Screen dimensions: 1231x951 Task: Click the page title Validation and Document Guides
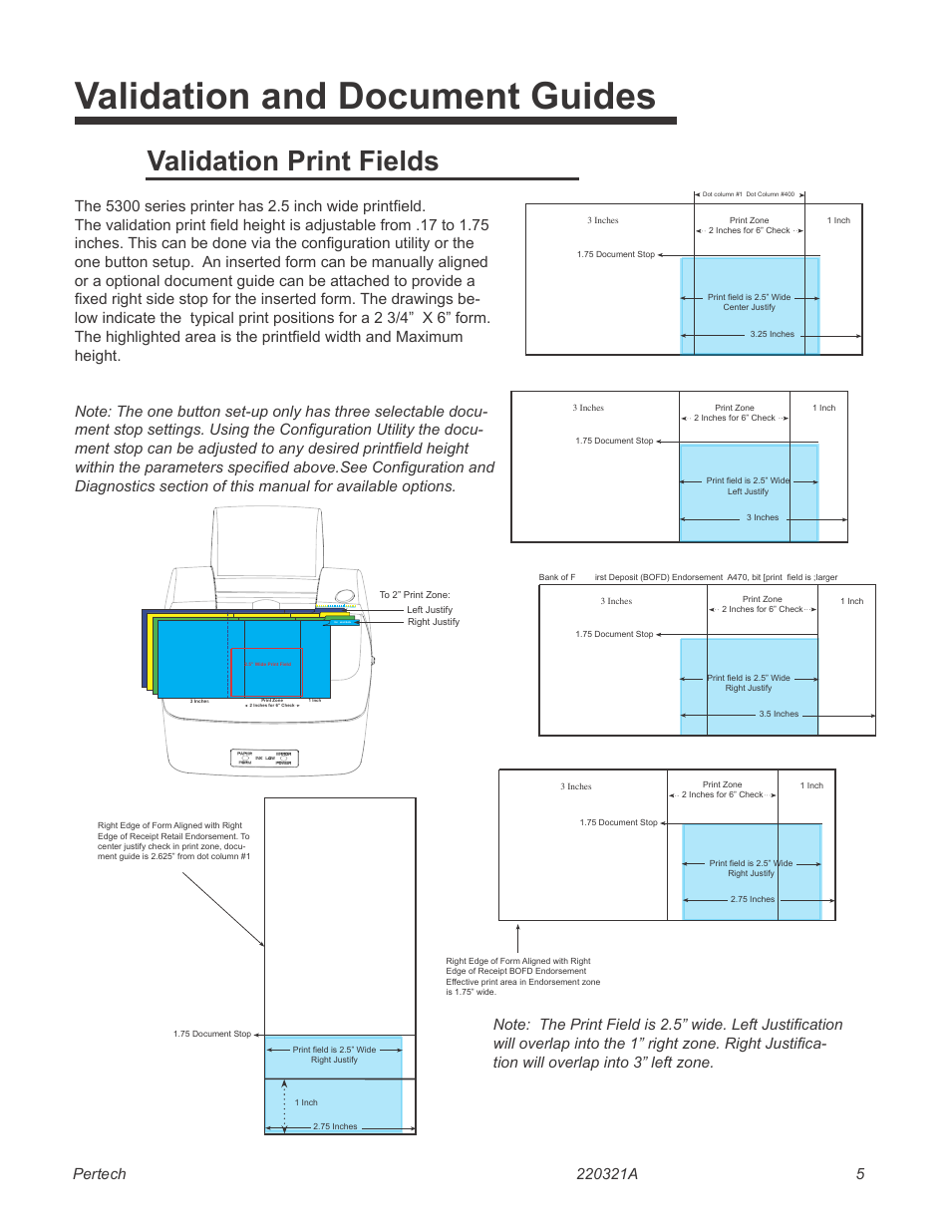(x=365, y=97)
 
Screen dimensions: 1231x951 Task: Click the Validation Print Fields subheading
(x=292, y=161)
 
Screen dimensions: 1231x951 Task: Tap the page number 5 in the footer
(x=859, y=1173)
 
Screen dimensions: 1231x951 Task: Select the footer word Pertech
(x=100, y=1173)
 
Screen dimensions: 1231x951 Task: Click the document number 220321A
(x=606, y=1173)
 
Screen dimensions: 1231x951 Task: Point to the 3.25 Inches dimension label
(x=772, y=335)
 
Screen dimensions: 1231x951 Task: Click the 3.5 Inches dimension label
(x=778, y=714)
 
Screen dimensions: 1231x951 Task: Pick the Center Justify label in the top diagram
(x=749, y=307)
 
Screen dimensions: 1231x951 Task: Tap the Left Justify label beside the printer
(x=429, y=609)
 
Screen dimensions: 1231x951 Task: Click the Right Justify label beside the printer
(x=433, y=622)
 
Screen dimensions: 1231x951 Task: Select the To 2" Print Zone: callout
(x=414, y=595)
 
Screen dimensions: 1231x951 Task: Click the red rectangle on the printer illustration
(x=266, y=672)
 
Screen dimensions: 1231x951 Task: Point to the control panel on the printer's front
(x=264, y=758)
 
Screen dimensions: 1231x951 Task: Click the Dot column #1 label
(x=722, y=194)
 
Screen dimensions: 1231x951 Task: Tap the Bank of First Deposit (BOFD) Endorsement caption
(x=688, y=577)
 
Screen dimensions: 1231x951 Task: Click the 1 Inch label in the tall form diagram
(x=306, y=1102)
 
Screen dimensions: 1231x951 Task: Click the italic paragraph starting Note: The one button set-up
(x=284, y=449)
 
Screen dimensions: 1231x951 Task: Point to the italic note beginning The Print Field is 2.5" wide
(x=668, y=1044)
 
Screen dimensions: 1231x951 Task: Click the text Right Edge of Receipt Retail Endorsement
(x=173, y=836)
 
